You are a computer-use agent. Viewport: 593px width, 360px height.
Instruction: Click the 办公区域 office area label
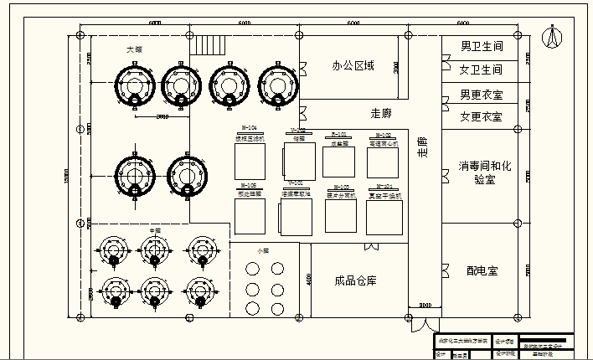click(x=353, y=65)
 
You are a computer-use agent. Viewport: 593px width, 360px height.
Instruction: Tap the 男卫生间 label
click(x=481, y=46)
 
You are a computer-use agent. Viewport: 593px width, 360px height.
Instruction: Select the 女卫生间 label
click(x=481, y=69)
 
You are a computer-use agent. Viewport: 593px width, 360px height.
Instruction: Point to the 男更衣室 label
click(x=481, y=95)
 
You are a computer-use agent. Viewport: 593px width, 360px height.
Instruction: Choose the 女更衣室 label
click(x=481, y=117)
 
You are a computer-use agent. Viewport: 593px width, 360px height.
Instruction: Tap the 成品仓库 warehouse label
click(x=355, y=280)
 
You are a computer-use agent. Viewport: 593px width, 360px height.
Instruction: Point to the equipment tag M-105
click(x=249, y=185)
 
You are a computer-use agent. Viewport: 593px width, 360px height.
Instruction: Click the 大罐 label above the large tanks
click(x=134, y=49)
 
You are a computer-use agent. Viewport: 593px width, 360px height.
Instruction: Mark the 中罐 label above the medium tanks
click(x=154, y=229)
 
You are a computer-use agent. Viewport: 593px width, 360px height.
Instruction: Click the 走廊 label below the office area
click(x=381, y=112)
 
